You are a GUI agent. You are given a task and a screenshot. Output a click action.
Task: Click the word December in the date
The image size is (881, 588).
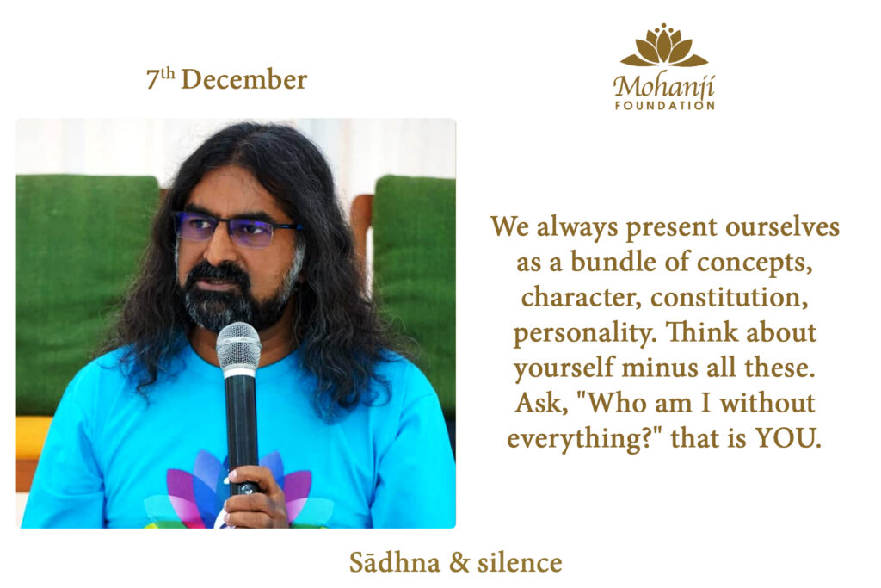click(x=243, y=79)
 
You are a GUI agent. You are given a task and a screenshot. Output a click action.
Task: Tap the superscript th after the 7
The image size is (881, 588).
click(x=168, y=72)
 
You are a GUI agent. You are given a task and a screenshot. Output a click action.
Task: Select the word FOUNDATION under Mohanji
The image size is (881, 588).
click(x=664, y=106)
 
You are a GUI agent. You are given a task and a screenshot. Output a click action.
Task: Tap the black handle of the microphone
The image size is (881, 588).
click(x=242, y=433)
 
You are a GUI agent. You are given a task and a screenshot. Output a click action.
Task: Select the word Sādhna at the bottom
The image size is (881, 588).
click(x=394, y=563)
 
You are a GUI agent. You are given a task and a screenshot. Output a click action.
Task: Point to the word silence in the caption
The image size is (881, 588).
click(x=520, y=563)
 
